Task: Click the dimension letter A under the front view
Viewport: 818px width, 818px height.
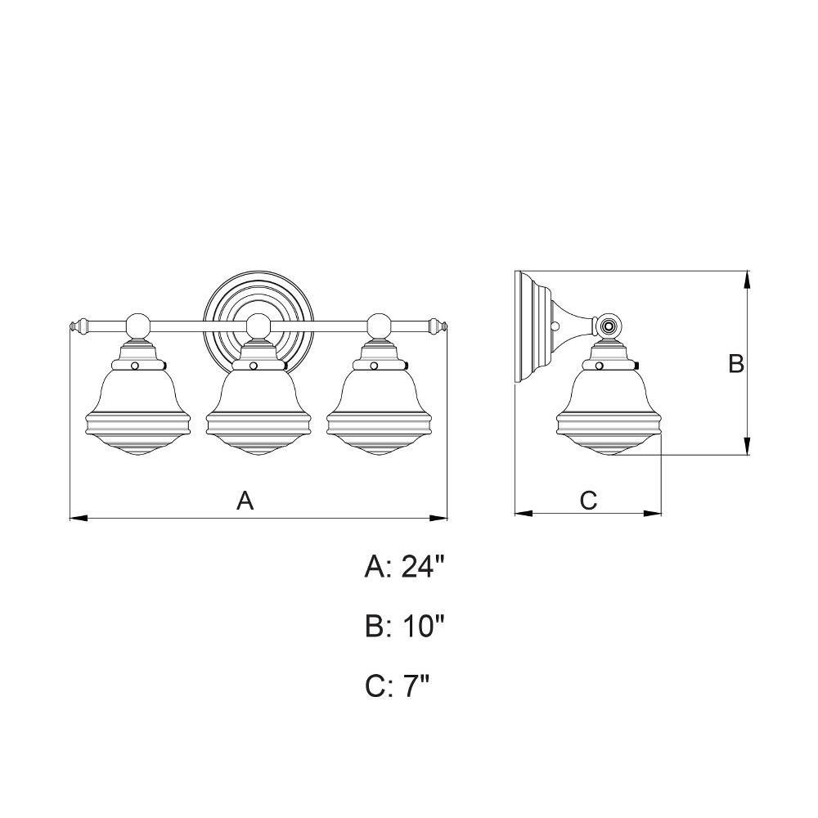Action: (245, 501)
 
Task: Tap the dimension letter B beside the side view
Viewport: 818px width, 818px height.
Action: (736, 364)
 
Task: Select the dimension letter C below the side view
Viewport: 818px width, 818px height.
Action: (588, 501)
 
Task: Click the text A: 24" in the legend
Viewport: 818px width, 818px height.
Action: (404, 566)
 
